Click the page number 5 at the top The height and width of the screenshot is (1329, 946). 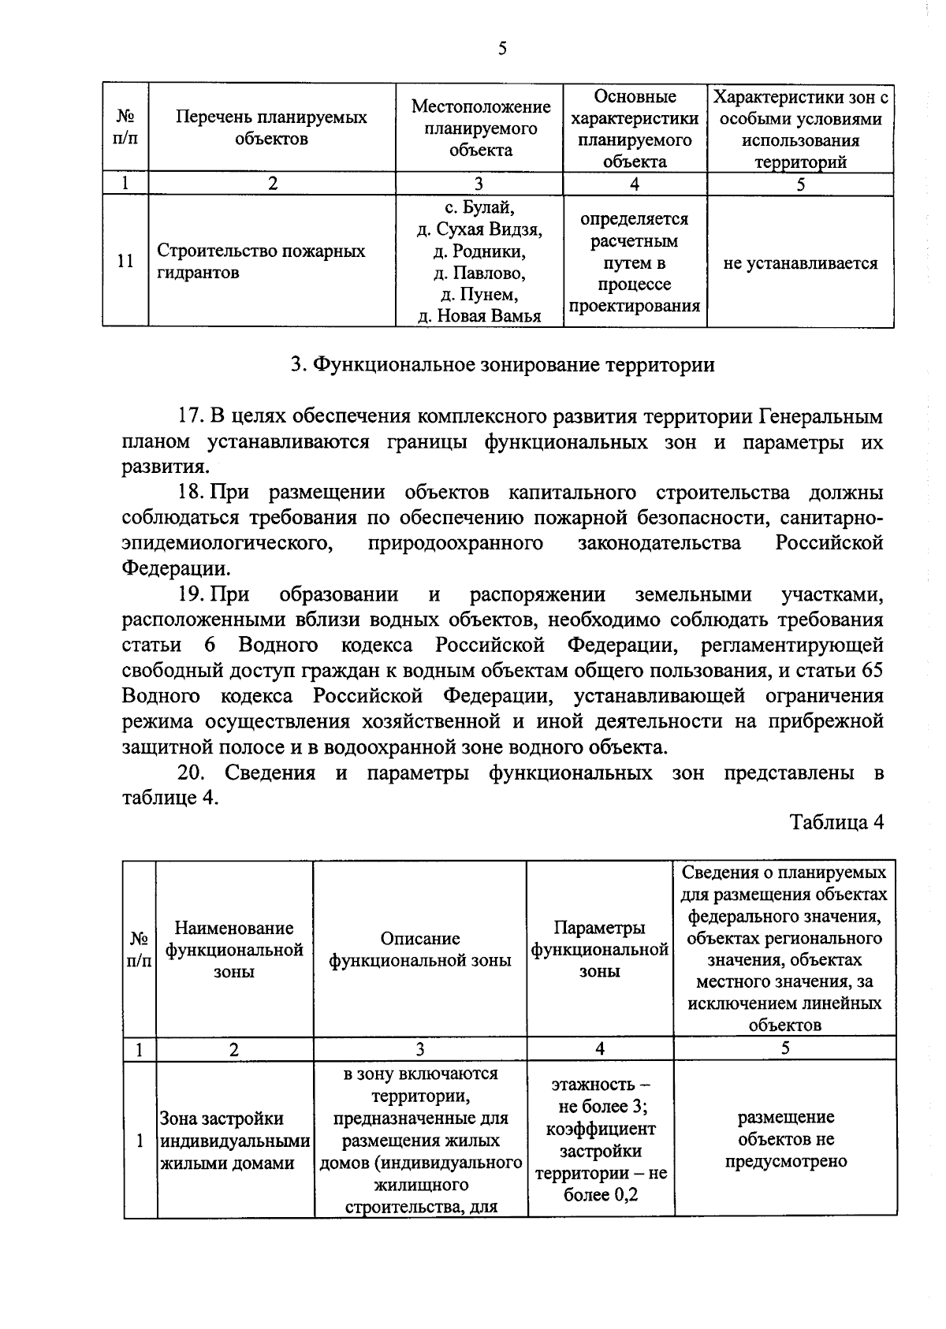coord(501,50)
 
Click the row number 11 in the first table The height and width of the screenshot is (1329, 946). coord(125,262)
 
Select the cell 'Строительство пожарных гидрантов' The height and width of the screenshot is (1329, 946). coord(261,262)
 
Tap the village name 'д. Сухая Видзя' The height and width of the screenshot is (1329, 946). coord(479,230)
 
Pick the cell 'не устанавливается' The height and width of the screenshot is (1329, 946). coord(800,263)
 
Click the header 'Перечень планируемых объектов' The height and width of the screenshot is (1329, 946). coord(271,128)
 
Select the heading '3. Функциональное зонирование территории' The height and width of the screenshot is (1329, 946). coord(502,365)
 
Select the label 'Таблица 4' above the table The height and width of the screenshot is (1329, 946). coord(836,822)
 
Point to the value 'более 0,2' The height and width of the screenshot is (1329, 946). coord(601,1195)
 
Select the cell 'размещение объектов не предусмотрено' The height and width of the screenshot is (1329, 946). coord(785,1139)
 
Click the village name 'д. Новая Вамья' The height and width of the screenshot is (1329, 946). coord(479,317)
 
